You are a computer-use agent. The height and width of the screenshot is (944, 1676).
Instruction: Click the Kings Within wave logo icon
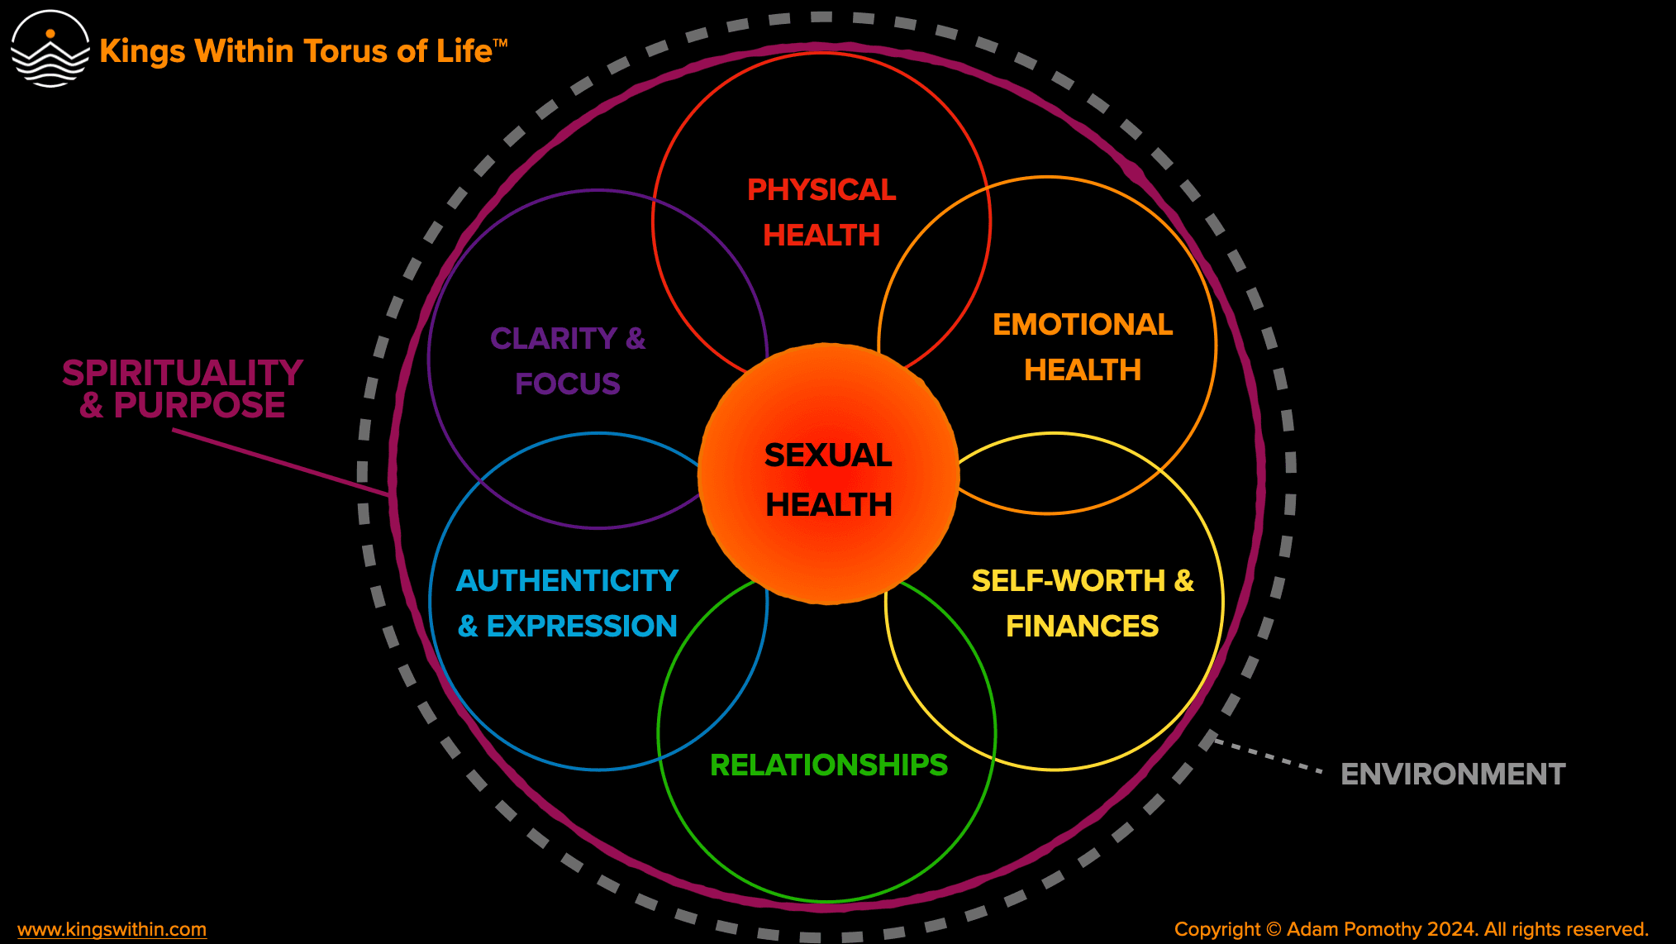pos(50,50)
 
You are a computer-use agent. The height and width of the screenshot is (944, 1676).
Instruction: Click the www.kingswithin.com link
pos(112,929)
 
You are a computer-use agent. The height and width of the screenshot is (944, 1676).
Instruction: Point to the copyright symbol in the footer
pos(1274,929)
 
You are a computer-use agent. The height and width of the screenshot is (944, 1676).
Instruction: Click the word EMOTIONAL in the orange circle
pos(1083,325)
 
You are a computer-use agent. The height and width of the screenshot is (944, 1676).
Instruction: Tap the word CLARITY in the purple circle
pos(554,339)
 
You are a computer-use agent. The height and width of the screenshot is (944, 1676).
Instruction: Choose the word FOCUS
pos(567,384)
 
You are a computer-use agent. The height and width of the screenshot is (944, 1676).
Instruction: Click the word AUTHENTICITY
pos(567,581)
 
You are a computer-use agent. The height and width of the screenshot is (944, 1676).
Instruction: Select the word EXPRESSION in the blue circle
pos(582,627)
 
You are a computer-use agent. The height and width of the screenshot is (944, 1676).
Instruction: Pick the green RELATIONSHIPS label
pos(828,765)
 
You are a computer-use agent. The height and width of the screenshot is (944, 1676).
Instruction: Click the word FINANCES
pos(1082,627)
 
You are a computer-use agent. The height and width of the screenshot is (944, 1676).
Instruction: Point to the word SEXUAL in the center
pos(828,455)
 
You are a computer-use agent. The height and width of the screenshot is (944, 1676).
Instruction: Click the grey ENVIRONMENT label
pos(1453,775)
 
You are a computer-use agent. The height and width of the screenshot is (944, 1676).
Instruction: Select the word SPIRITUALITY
pos(183,373)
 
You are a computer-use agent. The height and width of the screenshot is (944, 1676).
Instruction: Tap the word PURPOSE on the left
pos(199,406)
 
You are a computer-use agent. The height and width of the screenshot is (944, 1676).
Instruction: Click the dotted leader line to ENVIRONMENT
pos(1269,756)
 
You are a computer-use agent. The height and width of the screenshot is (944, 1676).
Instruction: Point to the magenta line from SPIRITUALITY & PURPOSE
pos(281,463)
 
